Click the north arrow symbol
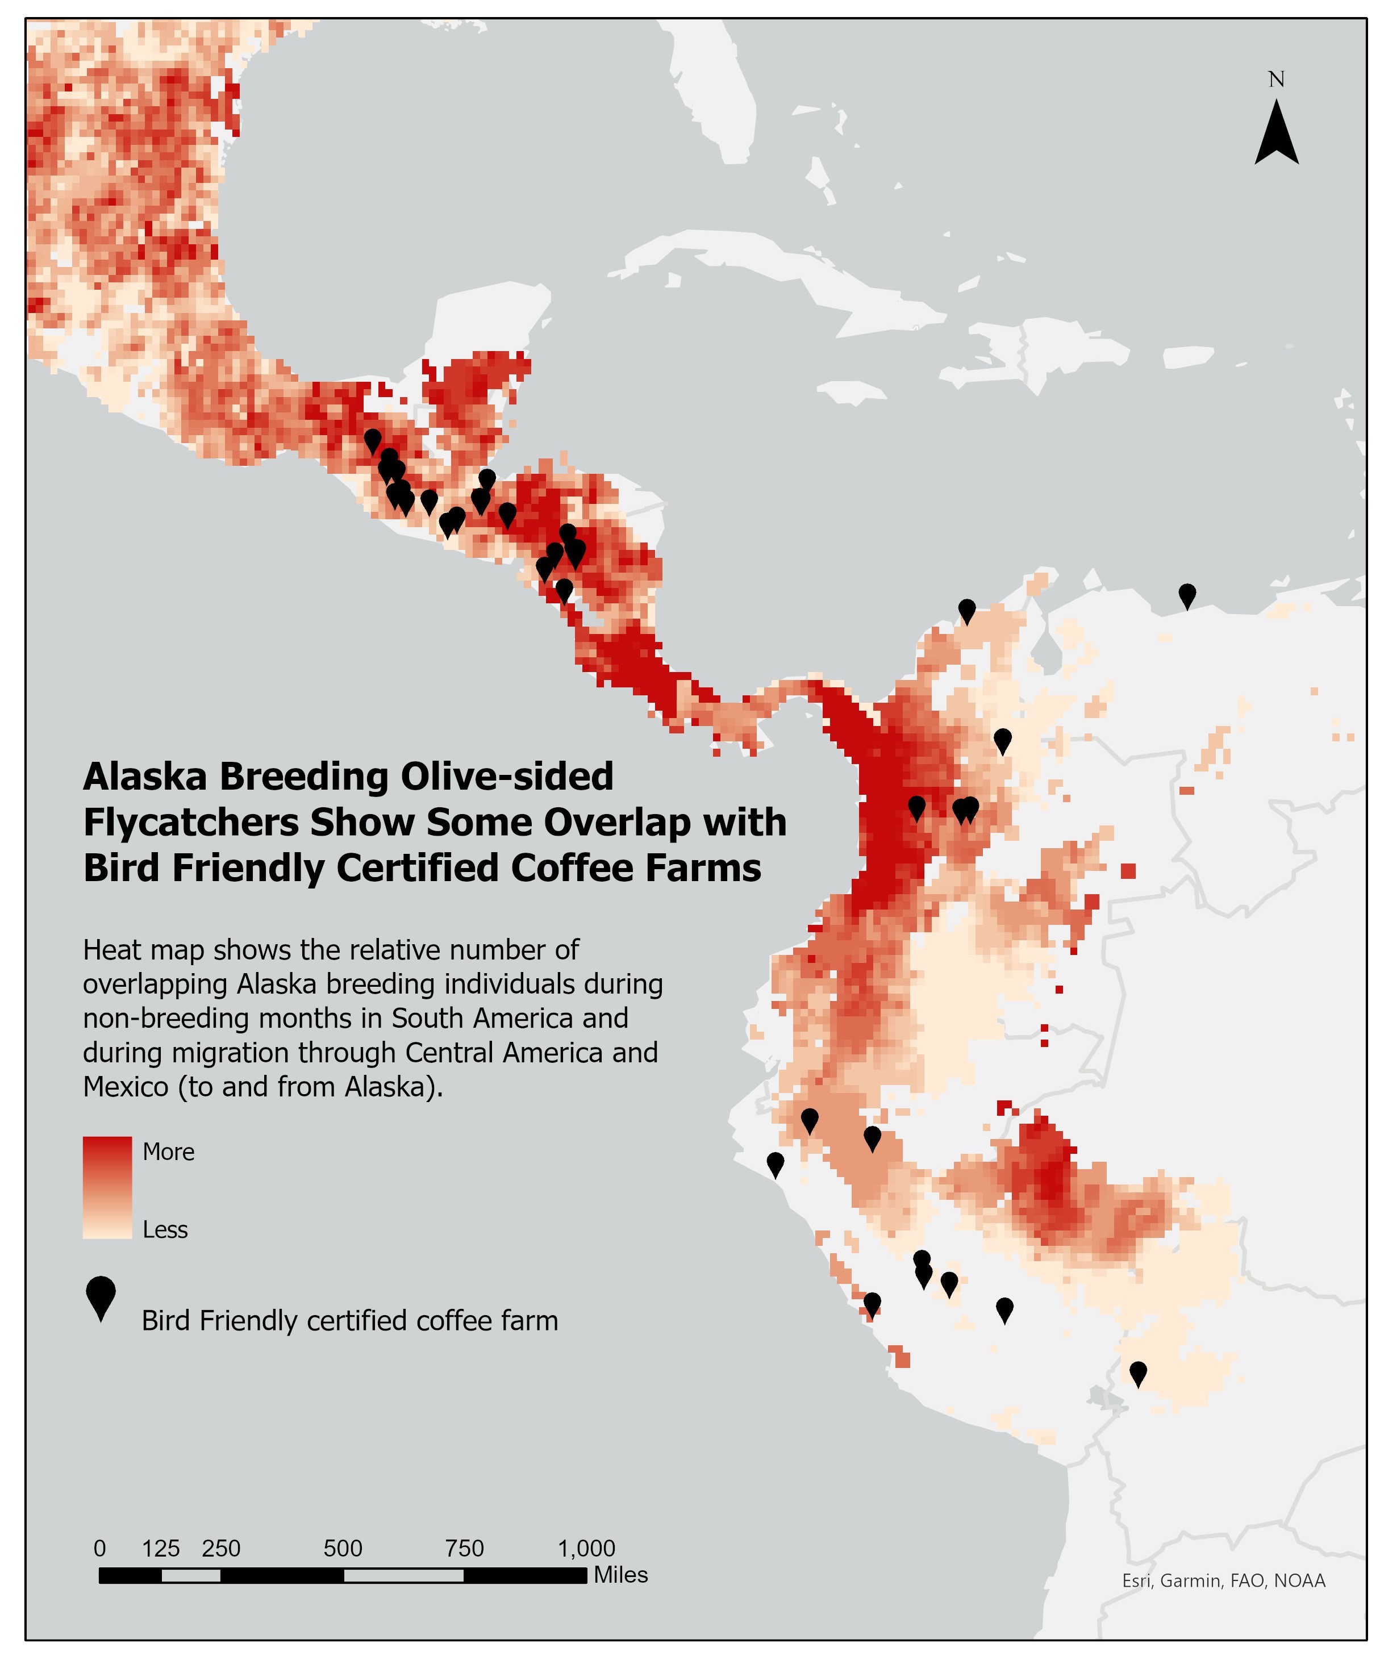point(1276,134)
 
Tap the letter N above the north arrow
point(1276,80)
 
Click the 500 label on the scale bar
point(343,1548)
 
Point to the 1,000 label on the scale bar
point(587,1548)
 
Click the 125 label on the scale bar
point(161,1548)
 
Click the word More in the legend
point(168,1152)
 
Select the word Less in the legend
point(165,1229)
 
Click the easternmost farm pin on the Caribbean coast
point(1186,595)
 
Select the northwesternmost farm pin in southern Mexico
point(372,440)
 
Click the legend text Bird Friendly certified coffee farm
point(349,1320)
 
